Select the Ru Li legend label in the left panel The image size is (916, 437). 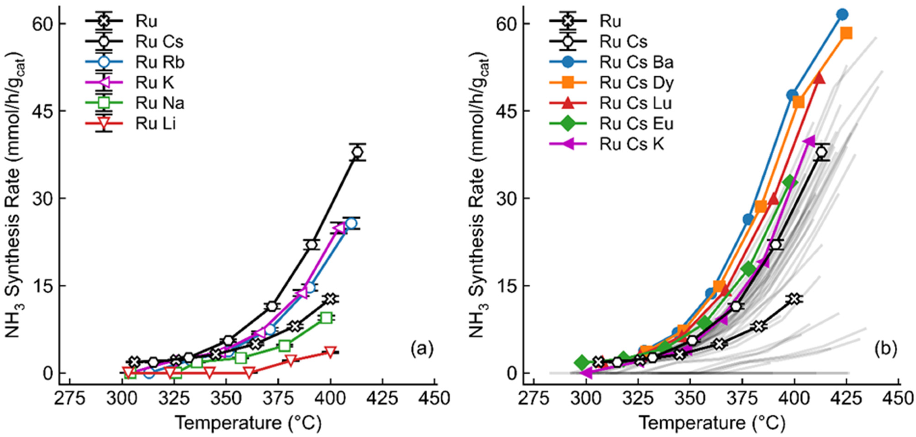click(155, 124)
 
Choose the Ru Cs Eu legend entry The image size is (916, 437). click(636, 124)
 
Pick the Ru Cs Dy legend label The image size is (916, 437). click(636, 83)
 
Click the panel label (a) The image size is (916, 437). click(422, 349)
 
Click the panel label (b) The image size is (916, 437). click(886, 349)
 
